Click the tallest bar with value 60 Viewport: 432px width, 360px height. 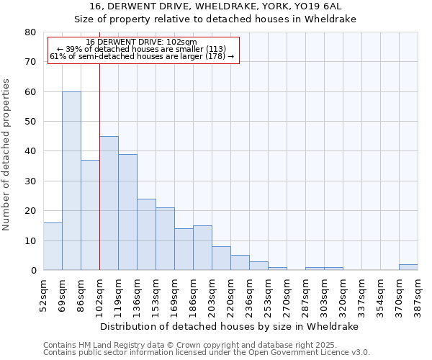click(x=71, y=181)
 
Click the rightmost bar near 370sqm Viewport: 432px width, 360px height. click(x=408, y=267)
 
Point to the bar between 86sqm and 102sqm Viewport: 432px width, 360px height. click(x=90, y=215)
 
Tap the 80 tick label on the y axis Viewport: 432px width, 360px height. click(x=30, y=32)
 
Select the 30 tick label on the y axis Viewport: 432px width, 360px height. click(x=30, y=181)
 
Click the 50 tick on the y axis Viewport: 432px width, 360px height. click(x=30, y=122)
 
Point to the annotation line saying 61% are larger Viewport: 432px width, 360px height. click(x=142, y=56)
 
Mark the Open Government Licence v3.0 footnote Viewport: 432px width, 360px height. click(x=207, y=353)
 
